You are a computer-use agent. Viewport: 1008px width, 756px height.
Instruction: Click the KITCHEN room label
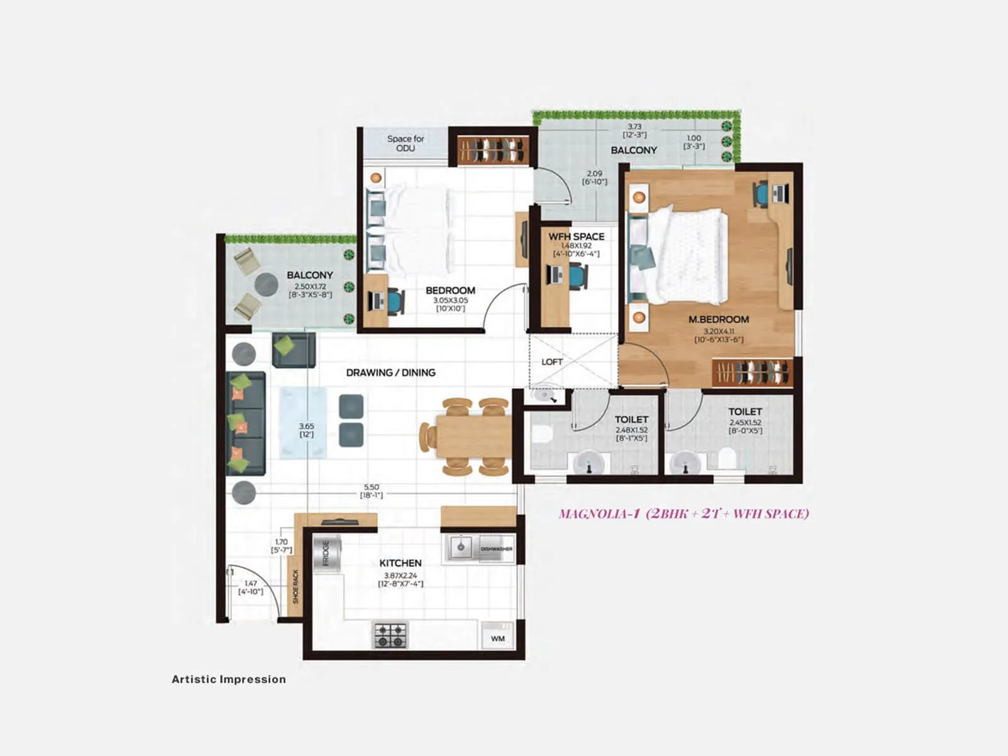[x=400, y=563]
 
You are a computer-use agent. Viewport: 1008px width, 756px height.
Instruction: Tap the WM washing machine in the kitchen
[x=498, y=637]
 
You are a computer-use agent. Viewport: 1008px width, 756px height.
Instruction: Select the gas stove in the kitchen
[x=391, y=635]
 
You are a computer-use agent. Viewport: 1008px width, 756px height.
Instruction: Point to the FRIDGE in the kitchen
[x=326, y=553]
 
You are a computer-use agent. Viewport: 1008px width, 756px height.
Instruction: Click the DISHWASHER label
[x=496, y=549]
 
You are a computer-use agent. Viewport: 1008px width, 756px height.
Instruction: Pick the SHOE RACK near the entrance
[x=295, y=587]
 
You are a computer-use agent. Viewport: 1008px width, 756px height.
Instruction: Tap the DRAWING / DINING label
[x=391, y=372]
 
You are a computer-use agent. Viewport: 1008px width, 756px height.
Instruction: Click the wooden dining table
[x=473, y=436]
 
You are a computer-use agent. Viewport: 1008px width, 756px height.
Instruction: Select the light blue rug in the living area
[x=303, y=423]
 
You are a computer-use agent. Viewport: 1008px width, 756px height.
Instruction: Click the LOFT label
[x=552, y=362]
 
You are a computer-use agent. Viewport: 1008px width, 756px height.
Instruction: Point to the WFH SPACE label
[x=576, y=237]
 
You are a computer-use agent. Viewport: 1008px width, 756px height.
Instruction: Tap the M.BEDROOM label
[x=718, y=319]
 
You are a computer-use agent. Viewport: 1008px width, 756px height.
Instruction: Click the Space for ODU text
[x=405, y=143]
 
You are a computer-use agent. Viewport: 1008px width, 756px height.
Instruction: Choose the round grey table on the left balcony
[x=266, y=285]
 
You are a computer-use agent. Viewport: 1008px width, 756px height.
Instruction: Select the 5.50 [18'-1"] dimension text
[x=371, y=491]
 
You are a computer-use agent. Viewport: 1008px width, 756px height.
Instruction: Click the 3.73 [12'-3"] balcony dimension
[x=634, y=130]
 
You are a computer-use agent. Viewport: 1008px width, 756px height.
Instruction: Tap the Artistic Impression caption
[x=229, y=679]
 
